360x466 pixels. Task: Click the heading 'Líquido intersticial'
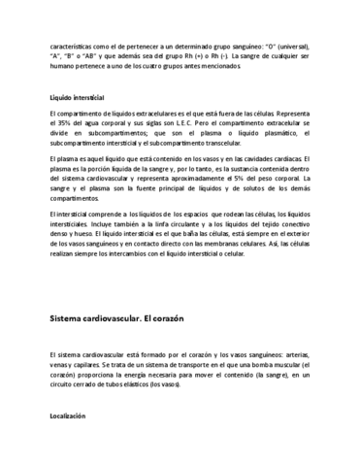click(77, 98)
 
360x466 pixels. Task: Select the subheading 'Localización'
click(70, 416)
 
